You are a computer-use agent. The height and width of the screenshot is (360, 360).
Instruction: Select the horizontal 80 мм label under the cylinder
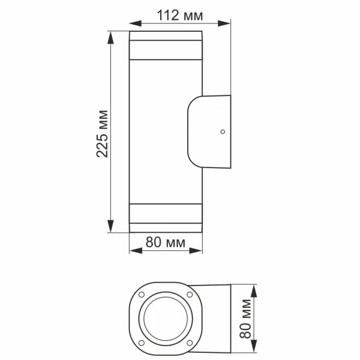pyautogui.click(x=165, y=242)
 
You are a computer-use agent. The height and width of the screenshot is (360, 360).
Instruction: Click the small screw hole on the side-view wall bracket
pyautogui.click(x=223, y=131)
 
